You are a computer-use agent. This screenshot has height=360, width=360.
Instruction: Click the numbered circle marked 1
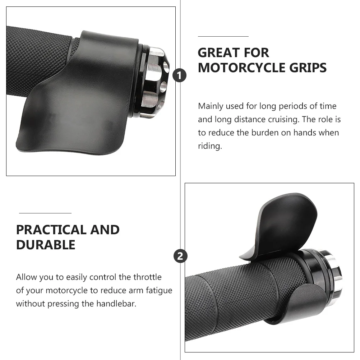coord(180,76)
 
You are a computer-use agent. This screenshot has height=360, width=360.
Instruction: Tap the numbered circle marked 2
coord(180,256)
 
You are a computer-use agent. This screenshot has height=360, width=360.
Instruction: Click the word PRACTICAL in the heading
coord(51,230)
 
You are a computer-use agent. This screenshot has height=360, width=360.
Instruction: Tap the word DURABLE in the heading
coord(46,245)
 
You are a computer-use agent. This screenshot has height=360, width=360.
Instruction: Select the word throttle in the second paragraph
coord(148,277)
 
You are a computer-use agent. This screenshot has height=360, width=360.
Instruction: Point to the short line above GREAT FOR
coord(223,36)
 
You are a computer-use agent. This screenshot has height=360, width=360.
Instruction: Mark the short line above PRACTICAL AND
coord(45,213)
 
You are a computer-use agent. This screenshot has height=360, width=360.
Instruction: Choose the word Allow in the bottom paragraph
coord(26,277)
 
